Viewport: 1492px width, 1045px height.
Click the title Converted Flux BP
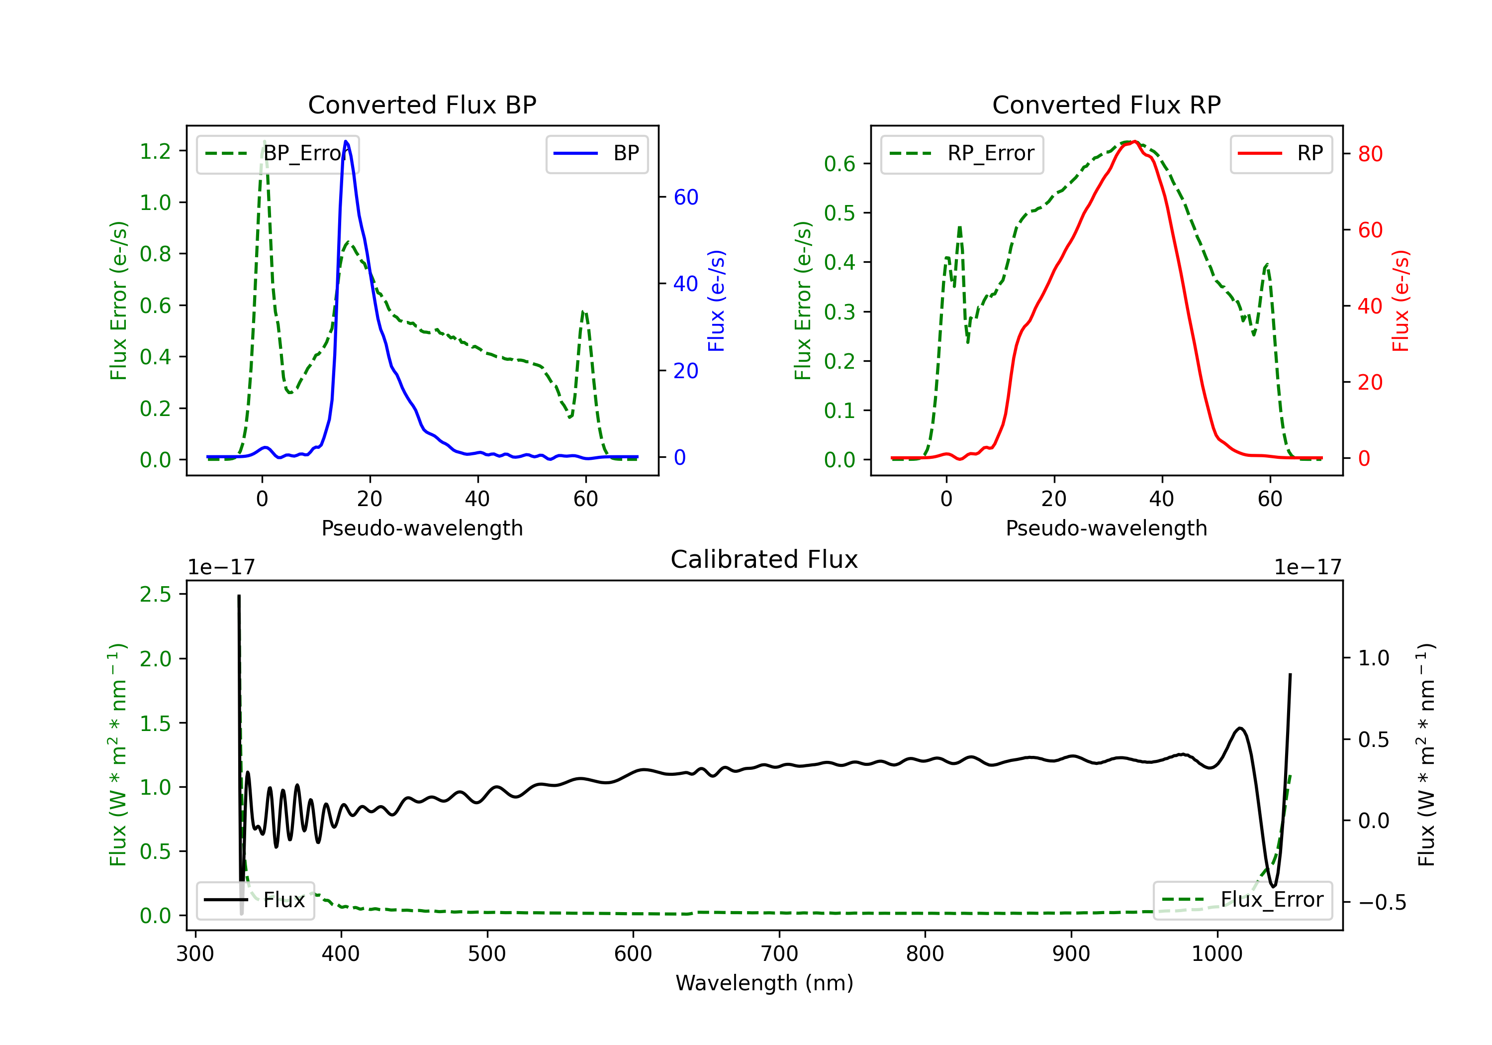[x=422, y=104]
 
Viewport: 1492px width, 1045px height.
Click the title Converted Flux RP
[x=1106, y=104]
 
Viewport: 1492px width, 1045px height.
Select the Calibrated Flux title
[x=764, y=559]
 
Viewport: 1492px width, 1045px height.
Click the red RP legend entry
[x=1281, y=153]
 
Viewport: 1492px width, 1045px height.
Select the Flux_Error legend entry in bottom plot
[x=1242, y=900]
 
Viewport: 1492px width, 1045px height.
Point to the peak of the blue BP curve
[x=346, y=141]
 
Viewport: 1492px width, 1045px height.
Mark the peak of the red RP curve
[x=1134, y=141]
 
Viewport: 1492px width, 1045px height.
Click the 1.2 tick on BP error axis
[x=155, y=151]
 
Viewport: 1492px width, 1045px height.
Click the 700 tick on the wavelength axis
[x=779, y=954]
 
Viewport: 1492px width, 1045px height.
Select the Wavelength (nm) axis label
[x=764, y=983]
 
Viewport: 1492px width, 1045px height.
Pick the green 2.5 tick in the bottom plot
[x=155, y=594]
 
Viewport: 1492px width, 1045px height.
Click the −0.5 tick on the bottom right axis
[x=1382, y=902]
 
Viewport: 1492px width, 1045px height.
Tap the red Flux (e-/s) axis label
[x=1400, y=301]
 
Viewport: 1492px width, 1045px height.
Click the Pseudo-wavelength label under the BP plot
[x=422, y=528]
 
